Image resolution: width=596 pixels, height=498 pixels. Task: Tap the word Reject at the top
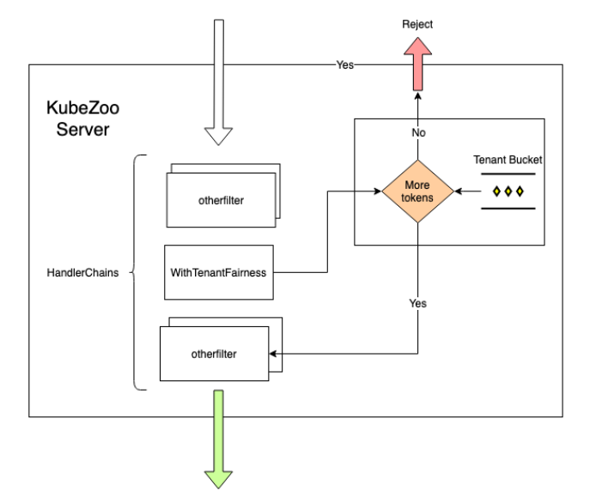click(x=417, y=24)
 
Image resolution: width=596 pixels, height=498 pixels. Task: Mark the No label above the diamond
click(x=417, y=133)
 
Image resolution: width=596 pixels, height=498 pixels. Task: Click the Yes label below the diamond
click(x=417, y=303)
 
